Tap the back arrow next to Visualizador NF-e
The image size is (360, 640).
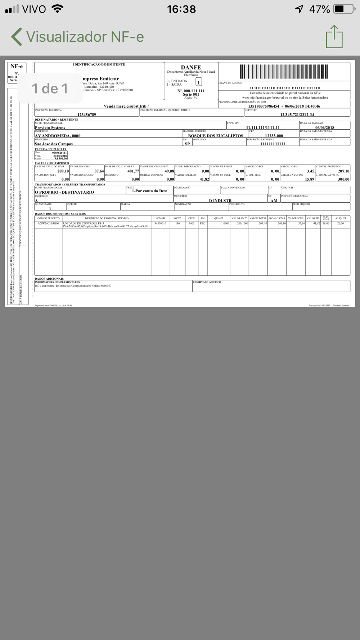click(17, 37)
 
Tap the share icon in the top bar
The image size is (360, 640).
click(334, 37)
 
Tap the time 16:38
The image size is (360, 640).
click(181, 9)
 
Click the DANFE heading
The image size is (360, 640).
click(191, 67)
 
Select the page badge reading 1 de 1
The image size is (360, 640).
click(50, 89)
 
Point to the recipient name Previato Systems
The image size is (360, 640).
click(50, 127)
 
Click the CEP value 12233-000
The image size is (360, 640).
click(274, 136)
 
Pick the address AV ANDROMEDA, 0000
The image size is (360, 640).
click(58, 136)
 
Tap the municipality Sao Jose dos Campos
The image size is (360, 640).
click(54, 144)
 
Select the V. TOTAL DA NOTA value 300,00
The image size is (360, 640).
click(343, 179)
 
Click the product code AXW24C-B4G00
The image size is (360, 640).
click(48, 224)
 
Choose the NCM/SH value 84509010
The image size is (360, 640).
click(160, 224)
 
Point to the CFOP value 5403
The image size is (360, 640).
click(191, 224)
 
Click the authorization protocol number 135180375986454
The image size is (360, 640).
click(264, 106)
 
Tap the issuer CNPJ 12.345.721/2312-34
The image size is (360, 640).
click(297, 114)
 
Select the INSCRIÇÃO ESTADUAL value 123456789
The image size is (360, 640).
click(87, 114)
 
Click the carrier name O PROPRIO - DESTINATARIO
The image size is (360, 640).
click(64, 192)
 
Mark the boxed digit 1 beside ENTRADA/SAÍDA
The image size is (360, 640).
click(198, 82)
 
